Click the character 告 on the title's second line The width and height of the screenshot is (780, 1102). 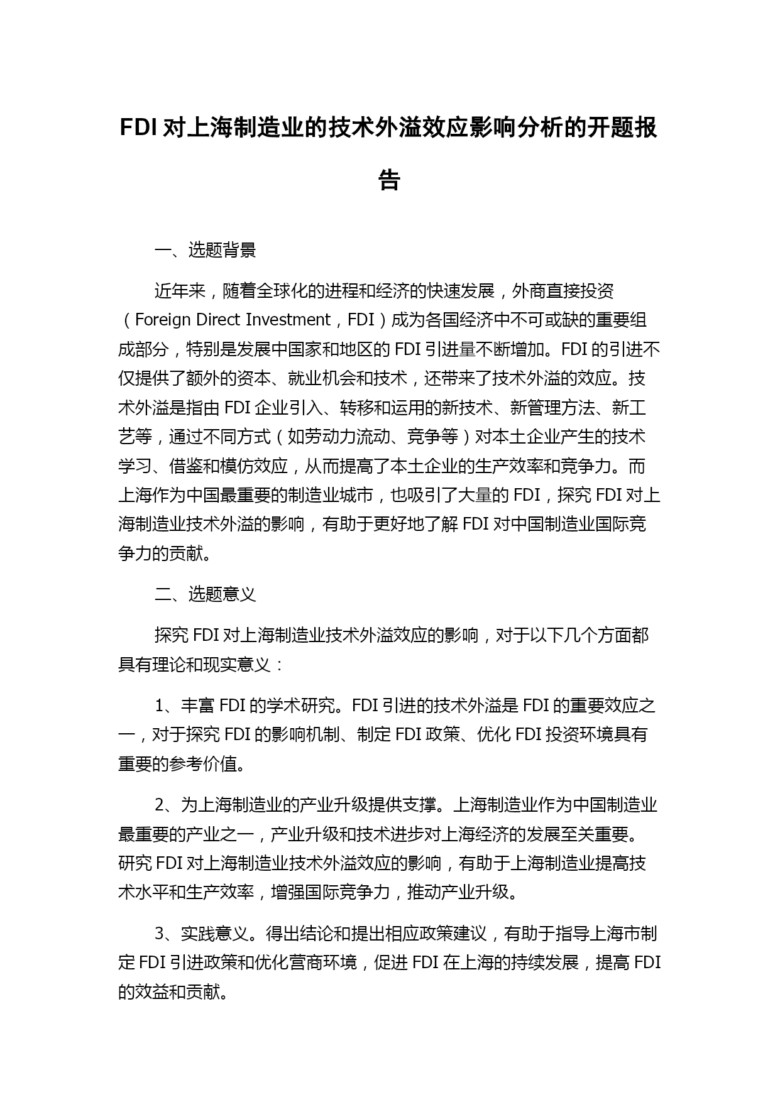(389, 180)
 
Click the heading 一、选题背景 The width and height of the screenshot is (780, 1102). (205, 250)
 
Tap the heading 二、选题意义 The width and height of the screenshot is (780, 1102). (205, 594)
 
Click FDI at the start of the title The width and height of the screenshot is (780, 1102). (138, 128)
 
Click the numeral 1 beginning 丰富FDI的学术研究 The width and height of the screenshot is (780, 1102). (159, 706)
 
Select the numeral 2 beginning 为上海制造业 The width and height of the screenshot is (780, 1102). (160, 805)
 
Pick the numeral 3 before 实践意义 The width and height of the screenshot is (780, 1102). (160, 934)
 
